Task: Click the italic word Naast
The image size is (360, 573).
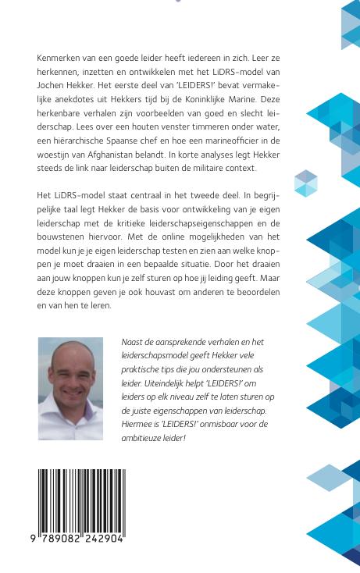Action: coord(134,342)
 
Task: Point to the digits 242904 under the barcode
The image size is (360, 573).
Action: coord(103,538)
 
